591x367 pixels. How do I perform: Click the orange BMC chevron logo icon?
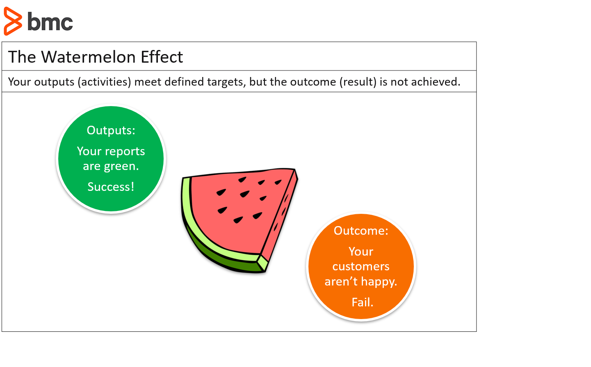[x=13, y=21]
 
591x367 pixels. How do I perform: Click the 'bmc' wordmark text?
[x=50, y=21]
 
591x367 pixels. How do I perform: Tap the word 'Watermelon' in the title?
[x=89, y=57]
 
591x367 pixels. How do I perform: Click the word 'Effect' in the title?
[x=162, y=57]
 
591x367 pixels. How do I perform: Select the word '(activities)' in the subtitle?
[x=104, y=82]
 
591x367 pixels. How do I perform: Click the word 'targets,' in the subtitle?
[x=227, y=82]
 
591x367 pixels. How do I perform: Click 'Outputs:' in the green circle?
[x=111, y=130]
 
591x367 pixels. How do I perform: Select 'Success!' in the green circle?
[x=111, y=187]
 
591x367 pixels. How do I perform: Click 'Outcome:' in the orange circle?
[x=361, y=231]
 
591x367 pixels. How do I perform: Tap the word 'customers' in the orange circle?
[x=361, y=266]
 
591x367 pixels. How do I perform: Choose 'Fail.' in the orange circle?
[x=363, y=302]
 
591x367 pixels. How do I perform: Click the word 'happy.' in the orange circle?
[x=379, y=282]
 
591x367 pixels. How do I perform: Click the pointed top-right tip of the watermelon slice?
[x=295, y=169]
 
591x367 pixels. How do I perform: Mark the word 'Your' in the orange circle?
[x=361, y=251]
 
